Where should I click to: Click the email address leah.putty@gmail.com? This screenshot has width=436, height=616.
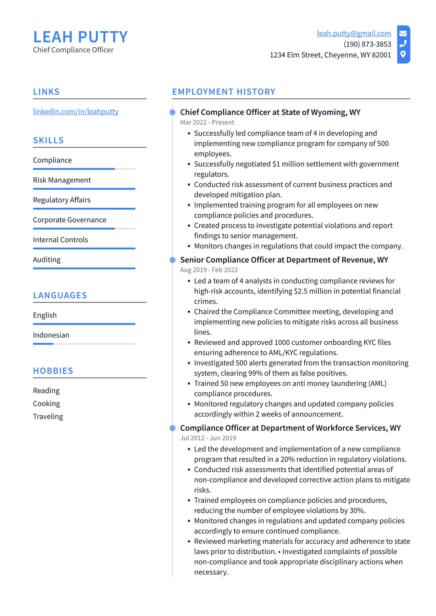(354, 34)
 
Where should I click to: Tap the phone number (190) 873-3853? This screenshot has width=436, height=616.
(367, 44)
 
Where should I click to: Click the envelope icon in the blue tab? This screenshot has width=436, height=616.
(403, 34)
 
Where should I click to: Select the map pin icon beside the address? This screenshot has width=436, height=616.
(403, 54)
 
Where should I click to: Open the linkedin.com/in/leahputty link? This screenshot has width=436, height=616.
(76, 111)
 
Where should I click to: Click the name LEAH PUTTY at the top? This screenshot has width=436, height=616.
(80, 37)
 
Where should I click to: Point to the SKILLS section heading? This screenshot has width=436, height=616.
(48, 140)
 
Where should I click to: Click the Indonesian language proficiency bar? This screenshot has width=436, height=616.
(84, 344)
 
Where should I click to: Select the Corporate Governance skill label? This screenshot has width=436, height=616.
(69, 220)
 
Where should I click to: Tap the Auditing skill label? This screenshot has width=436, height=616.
(47, 260)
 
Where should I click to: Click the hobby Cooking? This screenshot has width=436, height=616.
(46, 403)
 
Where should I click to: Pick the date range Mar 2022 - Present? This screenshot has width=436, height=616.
(207, 122)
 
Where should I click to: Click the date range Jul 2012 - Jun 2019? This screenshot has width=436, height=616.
(208, 438)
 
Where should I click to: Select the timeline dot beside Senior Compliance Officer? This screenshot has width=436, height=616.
(172, 260)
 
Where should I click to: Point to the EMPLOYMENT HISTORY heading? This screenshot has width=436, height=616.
(224, 92)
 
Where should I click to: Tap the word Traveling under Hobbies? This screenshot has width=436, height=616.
(48, 417)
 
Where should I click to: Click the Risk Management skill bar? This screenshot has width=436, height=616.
(84, 189)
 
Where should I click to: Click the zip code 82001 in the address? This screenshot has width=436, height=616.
(381, 55)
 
